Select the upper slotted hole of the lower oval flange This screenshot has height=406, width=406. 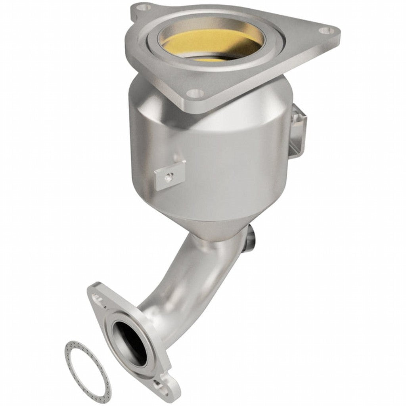pyautogui.click(x=97, y=296)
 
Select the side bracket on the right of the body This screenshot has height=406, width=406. pyautogui.click(x=299, y=131)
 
